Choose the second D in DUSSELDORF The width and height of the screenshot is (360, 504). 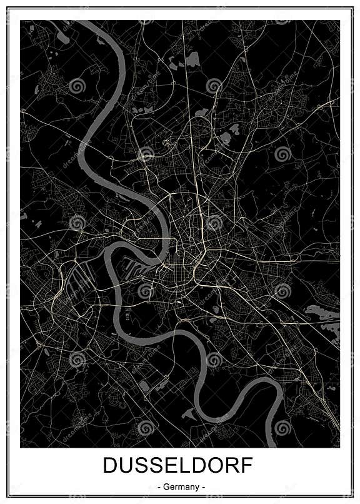tap(199, 466)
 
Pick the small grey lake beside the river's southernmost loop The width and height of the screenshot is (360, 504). tap(187, 413)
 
